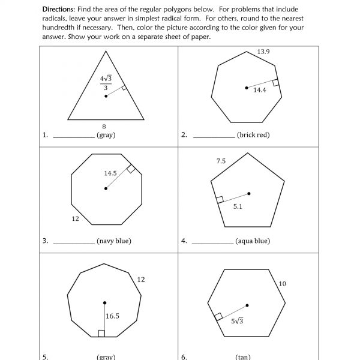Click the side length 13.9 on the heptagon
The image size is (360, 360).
click(x=263, y=52)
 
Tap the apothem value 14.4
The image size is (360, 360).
click(x=259, y=90)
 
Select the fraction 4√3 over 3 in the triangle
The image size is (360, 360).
click(x=106, y=83)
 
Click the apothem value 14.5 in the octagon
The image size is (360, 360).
click(x=110, y=173)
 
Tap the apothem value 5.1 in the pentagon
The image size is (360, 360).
click(x=238, y=205)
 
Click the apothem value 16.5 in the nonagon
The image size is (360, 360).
click(x=112, y=316)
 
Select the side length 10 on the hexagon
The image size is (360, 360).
click(x=283, y=283)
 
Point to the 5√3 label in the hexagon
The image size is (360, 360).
click(x=238, y=320)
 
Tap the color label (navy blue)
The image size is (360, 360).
click(x=113, y=241)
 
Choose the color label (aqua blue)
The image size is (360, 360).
click(x=253, y=241)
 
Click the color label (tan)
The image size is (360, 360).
click(x=244, y=356)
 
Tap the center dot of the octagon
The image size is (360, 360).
click(x=106, y=189)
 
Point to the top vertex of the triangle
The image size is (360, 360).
click(x=106, y=50)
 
